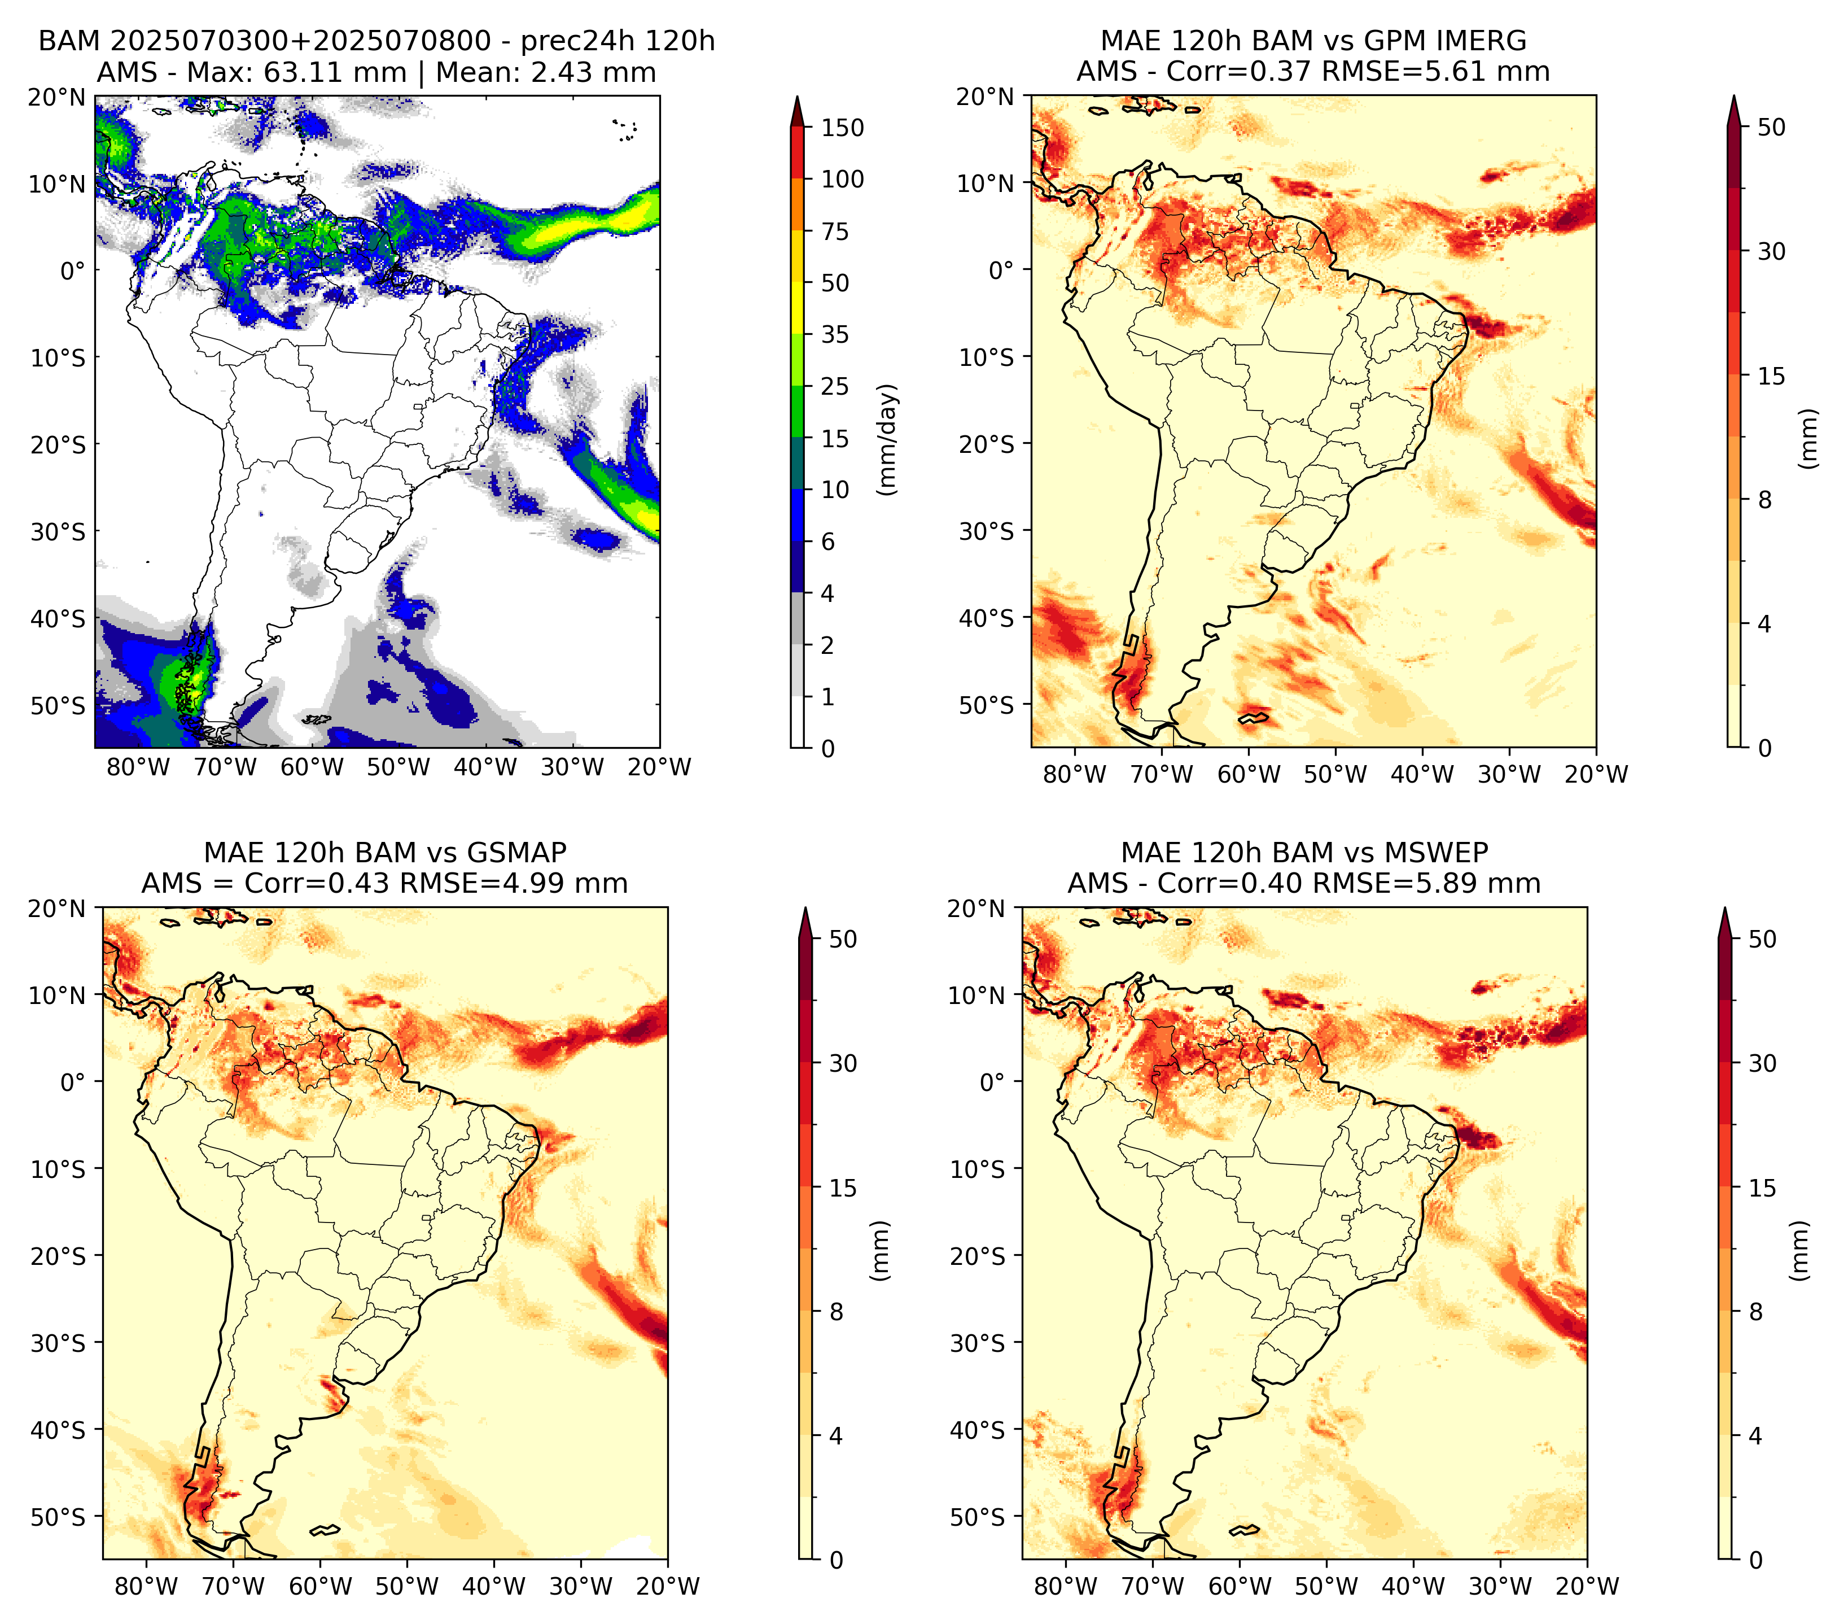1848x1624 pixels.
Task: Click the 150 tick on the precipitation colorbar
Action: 842,128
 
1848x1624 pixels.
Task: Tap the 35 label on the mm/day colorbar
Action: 834,334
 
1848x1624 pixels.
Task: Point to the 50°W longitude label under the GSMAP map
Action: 407,1586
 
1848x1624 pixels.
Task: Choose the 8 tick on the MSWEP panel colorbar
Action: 1755,1312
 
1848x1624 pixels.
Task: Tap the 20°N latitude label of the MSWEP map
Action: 976,908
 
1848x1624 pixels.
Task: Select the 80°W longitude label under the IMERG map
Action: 1075,774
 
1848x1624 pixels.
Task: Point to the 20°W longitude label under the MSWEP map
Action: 1588,1586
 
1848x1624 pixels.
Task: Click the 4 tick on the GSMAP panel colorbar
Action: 835,1436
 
